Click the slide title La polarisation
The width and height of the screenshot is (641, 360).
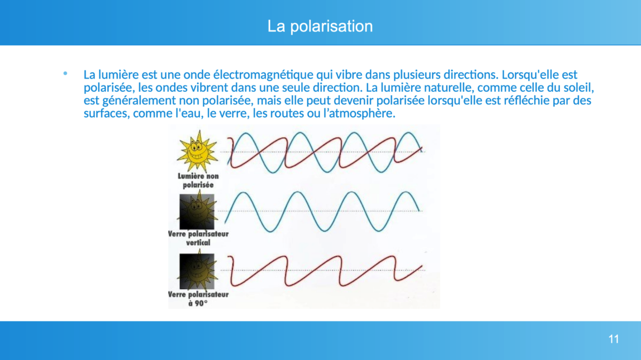(x=320, y=26)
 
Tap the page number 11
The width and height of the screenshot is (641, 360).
(x=614, y=339)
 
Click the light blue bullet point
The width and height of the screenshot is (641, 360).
(x=65, y=74)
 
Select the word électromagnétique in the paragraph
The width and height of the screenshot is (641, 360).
(x=263, y=75)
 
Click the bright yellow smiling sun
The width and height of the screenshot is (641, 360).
(x=198, y=151)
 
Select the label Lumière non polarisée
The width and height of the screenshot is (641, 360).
(x=198, y=181)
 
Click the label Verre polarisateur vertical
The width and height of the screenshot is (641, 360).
(x=198, y=238)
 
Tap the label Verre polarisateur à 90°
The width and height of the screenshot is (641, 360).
(x=198, y=299)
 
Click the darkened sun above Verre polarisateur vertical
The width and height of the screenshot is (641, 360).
(x=197, y=212)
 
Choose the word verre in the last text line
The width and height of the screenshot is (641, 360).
(x=233, y=114)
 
